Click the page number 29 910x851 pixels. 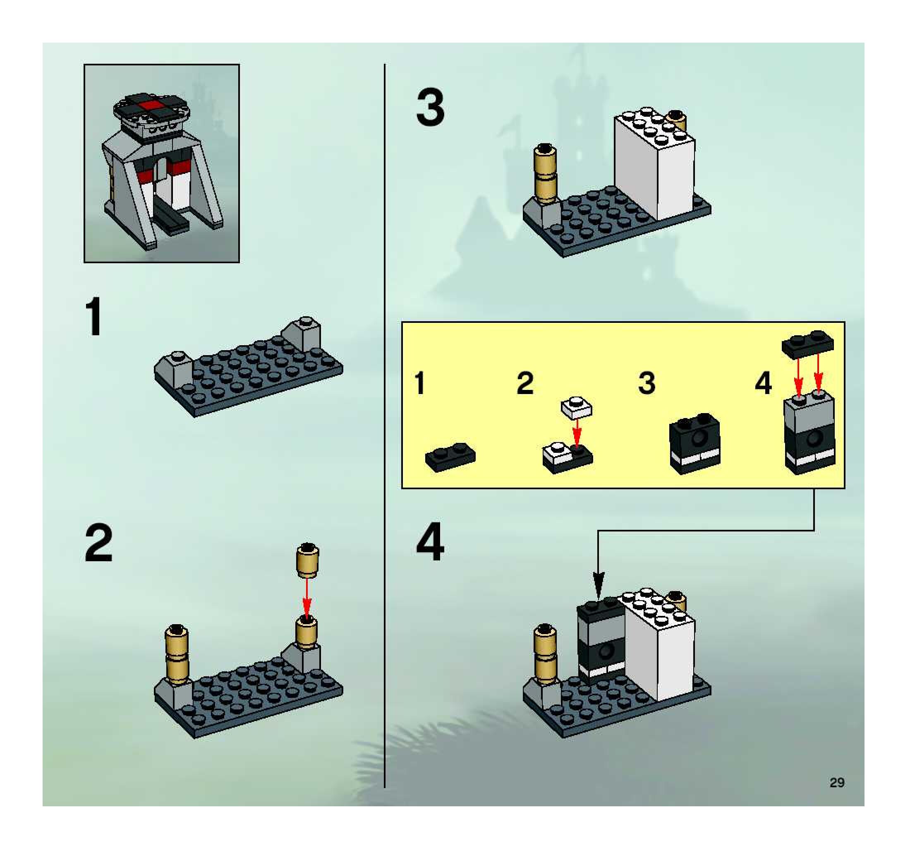click(837, 782)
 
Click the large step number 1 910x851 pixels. click(95, 317)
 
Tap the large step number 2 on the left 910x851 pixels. click(98, 543)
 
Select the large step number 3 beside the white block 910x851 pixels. click(430, 108)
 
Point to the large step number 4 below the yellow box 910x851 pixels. click(430, 543)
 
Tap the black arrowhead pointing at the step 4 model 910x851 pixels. click(599, 585)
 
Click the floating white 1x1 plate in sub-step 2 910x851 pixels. click(576, 408)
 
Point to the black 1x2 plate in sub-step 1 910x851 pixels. click(450, 456)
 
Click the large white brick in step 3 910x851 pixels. click(654, 165)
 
